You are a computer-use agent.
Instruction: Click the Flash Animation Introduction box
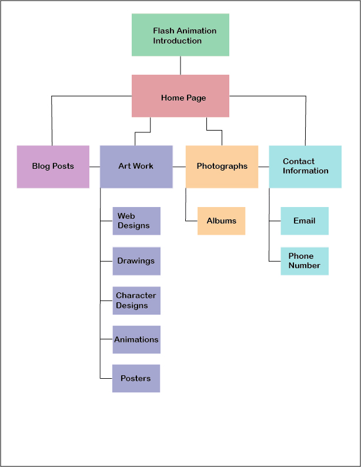pyautogui.click(x=180, y=35)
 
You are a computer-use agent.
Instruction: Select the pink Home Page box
pyautogui.click(x=180, y=96)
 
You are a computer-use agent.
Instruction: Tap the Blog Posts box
pyautogui.click(x=53, y=166)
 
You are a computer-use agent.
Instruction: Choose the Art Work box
pyautogui.click(x=136, y=166)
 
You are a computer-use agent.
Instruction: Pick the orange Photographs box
pyautogui.click(x=222, y=166)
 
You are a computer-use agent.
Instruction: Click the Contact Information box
pyautogui.click(x=305, y=166)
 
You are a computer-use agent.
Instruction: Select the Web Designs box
pyautogui.click(x=136, y=221)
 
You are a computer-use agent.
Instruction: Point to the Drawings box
pyautogui.click(x=136, y=261)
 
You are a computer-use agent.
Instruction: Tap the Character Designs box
pyautogui.click(x=136, y=301)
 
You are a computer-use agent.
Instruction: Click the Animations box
pyautogui.click(x=136, y=340)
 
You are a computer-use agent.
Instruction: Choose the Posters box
pyautogui.click(x=136, y=379)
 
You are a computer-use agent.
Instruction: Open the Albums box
pyautogui.click(x=221, y=221)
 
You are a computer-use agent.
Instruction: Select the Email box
pyautogui.click(x=305, y=221)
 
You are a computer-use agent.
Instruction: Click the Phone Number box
pyautogui.click(x=305, y=261)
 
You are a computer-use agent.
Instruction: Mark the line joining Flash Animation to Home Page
pyautogui.click(x=180, y=65)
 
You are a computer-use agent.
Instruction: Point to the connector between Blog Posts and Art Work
pyautogui.click(x=95, y=167)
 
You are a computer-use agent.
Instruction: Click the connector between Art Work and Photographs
pyautogui.click(x=179, y=167)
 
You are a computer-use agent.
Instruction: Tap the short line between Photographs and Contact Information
pyautogui.click(x=263, y=167)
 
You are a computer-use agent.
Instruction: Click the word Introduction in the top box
pyautogui.click(x=178, y=41)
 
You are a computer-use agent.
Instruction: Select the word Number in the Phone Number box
pyautogui.click(x=305, y=266)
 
